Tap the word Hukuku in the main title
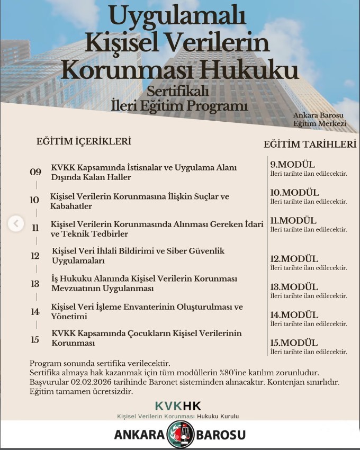pos(257,70)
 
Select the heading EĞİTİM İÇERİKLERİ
pos(84,141)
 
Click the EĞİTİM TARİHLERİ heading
pos(310,145)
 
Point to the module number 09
pos(35,172)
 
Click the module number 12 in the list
pos(35,256)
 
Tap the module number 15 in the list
pos(35,339)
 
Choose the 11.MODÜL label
pos(293,220)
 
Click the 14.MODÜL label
pos(294,314)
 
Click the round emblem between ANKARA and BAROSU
pos(180,435)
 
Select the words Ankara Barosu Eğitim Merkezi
pos(320,119)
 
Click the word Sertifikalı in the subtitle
pos(178,91)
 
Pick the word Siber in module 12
pos(181,251)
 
